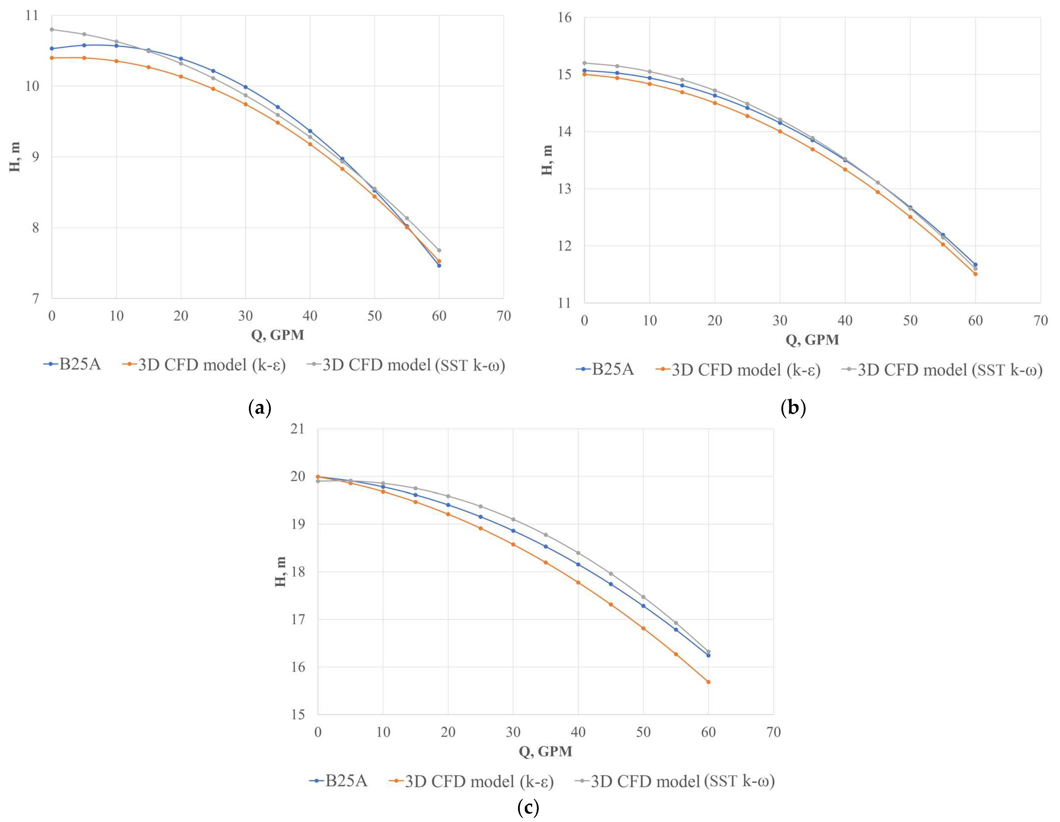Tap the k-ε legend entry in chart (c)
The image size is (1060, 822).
pyautogui.click(x=471, y=781)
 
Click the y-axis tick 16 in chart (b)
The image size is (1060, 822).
pyautogui.click(x=564, y=17)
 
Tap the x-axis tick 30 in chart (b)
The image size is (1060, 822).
pyautogui.click(x=780, y=321)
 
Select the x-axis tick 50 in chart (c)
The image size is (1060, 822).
pyautogui.click(x=643, y=732)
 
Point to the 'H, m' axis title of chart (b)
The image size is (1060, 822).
pyautogui.click(x=547, y=160)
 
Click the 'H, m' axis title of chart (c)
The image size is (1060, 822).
pyautogui.click(x=281, y=572)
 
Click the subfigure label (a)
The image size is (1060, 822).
pyautogui.click(x=260, y=407)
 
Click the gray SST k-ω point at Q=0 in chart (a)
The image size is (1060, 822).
pyautogui.click(x=52, y=29)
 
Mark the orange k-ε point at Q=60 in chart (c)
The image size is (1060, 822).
pyautogui.click(x=708, y=682)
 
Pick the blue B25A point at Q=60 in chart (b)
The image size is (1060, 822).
pyautogui.click(x=975, y=265)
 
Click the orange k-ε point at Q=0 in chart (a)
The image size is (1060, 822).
pyautogui.click(x=52, y=58)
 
